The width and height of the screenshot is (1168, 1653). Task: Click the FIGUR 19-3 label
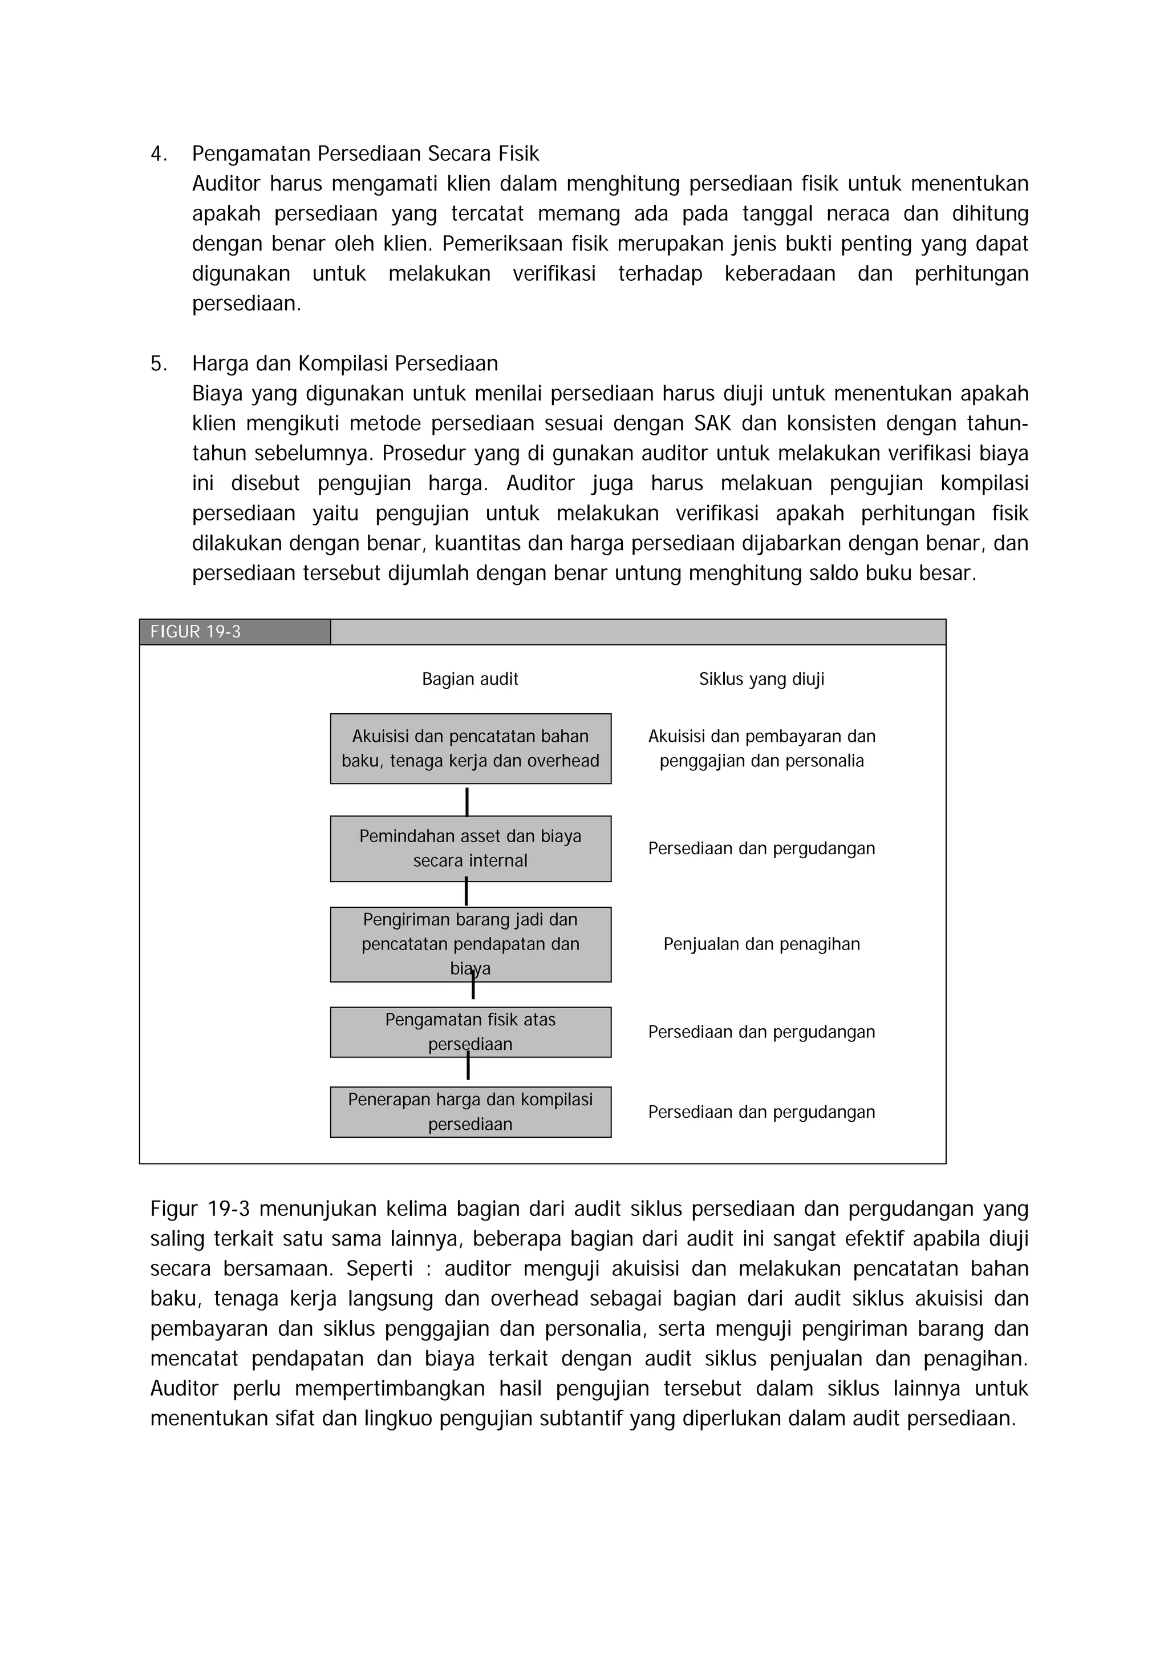coord(195,632)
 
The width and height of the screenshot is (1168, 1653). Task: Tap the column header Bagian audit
coord(470,679)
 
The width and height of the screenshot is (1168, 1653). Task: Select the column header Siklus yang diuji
coord(761,679)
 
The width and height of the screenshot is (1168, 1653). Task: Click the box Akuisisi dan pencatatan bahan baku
coord(470,749)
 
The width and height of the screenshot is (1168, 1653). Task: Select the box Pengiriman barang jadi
coord(470,944)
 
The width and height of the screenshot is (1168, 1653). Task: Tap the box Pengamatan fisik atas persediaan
coord(470,1032)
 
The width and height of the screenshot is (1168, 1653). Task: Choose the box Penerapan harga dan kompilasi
coord(470,1112)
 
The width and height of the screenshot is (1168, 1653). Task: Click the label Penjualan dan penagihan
coord(761,944)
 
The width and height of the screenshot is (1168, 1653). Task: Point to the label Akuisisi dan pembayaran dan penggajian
coord(761,749)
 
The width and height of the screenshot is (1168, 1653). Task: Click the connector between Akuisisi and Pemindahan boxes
coord(467,801)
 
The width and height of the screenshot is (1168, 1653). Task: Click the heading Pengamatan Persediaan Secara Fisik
coord(365,154)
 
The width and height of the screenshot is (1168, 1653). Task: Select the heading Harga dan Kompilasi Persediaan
coord(344,363)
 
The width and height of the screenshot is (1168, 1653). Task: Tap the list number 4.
coord(159,154)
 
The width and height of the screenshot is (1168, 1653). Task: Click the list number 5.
coord(159,363)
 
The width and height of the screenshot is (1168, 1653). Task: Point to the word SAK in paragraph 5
coord(712,423)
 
